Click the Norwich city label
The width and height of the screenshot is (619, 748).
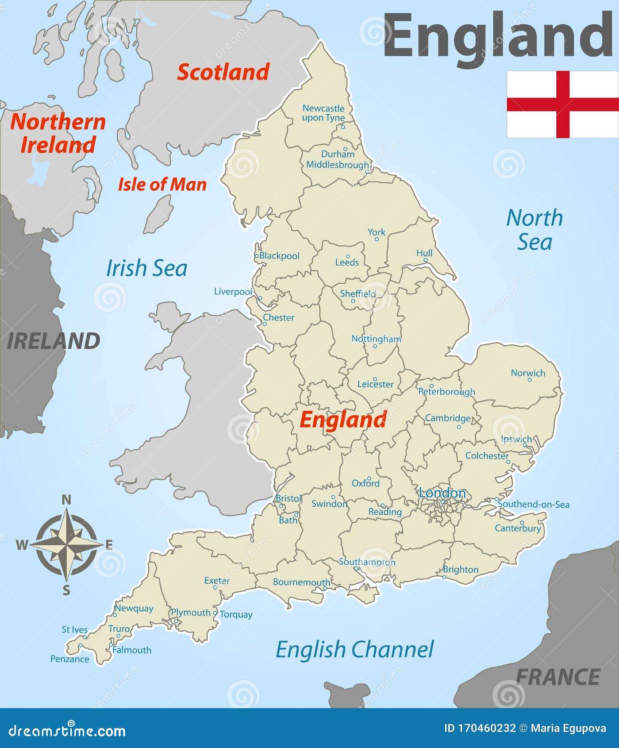(x=528, y=373)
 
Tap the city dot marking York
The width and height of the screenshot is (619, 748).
(x=377, y=239)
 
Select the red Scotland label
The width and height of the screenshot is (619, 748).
(x=223, y=72)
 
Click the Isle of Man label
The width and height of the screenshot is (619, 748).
(x=162, y=185)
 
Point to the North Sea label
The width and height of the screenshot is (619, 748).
(x=534, y=230)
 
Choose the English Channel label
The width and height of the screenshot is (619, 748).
(x=354, y=650)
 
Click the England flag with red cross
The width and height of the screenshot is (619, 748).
(x=562, y=104)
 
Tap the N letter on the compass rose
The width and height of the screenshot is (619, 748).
(x=66, y=500)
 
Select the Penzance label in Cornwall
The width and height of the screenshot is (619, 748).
(x=70, y=659)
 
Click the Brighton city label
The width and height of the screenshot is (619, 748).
(x=461, y=570)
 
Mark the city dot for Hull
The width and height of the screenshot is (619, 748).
(x=426, y=260)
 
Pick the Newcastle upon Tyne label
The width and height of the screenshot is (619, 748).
(x=323, y=113)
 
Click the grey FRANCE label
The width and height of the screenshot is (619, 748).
(x=558, y=677)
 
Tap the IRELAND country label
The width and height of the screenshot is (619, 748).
(x=54, y=341)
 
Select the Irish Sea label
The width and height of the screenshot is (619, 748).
(x=146, y=268)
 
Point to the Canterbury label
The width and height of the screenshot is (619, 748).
(x=518, y=528)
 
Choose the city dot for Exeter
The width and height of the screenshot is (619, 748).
(x=215, y=587)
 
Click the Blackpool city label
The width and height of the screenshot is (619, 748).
(x=279, y=256)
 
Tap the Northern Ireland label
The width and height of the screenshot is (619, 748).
(x=58, y=133)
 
